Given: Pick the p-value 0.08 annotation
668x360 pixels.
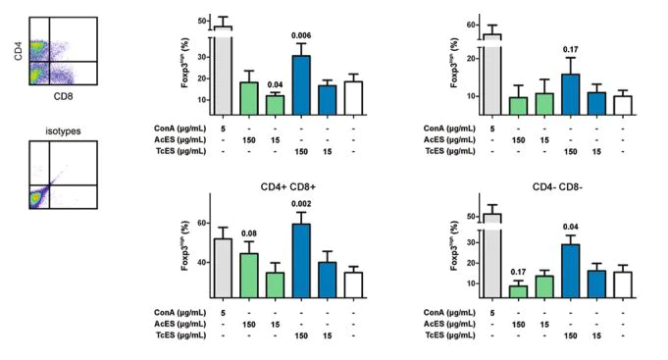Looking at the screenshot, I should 248,233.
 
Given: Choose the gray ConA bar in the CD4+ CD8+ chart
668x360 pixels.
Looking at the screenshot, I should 222,267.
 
